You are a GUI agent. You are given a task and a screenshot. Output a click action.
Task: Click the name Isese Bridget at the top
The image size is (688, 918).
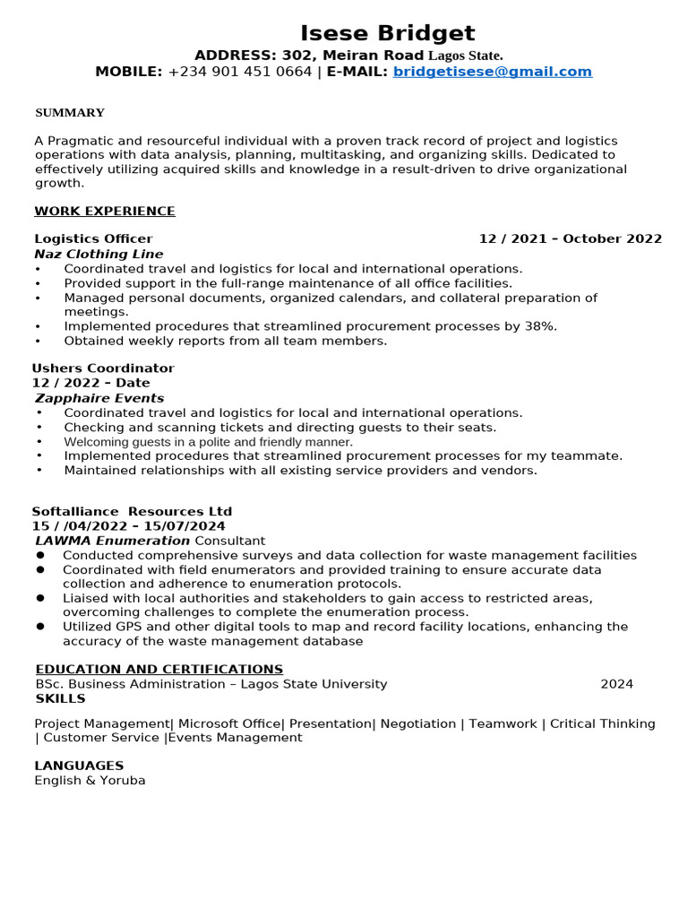(388, 33)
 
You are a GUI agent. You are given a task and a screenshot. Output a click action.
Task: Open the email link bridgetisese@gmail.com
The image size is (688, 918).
(492, 72)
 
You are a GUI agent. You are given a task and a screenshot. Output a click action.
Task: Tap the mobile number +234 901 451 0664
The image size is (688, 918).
(240, 72)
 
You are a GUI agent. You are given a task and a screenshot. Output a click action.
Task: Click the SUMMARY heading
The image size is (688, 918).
(70, 113)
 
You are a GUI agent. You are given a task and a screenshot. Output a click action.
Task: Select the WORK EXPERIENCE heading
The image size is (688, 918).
(105, 212)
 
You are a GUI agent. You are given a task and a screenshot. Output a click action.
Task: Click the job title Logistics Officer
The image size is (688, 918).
(93, 238)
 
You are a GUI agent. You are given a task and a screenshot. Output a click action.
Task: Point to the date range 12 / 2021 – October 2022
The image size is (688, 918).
(570, 238)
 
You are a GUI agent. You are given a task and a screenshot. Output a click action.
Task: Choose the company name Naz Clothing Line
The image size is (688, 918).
(99, 254)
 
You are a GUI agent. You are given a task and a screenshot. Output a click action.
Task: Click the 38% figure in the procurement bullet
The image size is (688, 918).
(541, 326)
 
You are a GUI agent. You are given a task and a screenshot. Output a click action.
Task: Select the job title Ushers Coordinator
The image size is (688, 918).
(103, 368)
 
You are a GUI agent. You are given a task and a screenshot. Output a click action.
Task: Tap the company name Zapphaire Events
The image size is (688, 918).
(99, 398)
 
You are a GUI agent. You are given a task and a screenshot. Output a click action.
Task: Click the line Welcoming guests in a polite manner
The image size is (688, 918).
(208, 442)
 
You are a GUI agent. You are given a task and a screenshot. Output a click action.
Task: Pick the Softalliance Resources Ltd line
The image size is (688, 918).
(132, 512)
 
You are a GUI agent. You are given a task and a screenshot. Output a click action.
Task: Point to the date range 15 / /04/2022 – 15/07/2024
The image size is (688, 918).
(128, 526)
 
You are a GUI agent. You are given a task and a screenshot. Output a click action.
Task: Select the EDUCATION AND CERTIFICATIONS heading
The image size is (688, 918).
(159, 670)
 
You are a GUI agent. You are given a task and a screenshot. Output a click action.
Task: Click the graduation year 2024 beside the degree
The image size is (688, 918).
(616, 684)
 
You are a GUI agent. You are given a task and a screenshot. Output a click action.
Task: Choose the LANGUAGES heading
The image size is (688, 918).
(79, 766)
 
